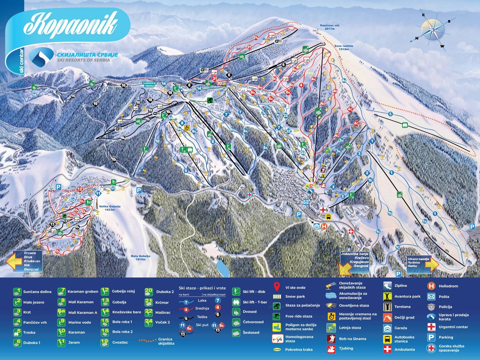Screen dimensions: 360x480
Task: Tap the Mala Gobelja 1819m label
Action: [140, 258]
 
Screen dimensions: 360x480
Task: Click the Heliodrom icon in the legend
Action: [431, 286]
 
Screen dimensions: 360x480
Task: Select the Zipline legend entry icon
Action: [387, 286]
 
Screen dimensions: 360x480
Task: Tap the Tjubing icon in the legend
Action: [331, 349]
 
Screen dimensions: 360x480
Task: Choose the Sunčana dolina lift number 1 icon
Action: [18, 292]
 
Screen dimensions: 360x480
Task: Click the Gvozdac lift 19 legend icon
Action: [105, 342]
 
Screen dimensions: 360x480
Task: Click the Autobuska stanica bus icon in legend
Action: [387, 339]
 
